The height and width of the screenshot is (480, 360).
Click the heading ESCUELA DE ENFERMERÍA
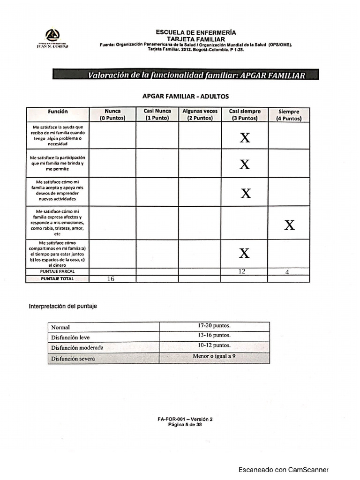tap(196, 32)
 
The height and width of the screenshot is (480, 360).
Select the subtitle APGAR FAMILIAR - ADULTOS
tap(186, 96)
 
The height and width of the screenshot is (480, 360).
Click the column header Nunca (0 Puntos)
tap(112, 115)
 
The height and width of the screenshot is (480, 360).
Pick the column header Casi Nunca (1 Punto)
tap(157, 115)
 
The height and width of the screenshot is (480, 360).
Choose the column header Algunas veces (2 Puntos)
tap(200, 115)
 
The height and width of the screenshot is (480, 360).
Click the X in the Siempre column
tap(289, 225)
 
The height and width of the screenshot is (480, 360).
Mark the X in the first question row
tap(245, 138)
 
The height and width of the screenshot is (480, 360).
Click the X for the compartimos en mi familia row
tap(244, 254)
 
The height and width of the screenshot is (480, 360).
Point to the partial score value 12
tap(242, 271)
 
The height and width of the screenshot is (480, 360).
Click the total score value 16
tap(111, 279)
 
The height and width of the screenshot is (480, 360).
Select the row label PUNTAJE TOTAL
tap(57, 278)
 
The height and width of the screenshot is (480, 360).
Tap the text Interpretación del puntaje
tap(63, 306)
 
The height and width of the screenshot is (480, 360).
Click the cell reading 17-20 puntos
tap(214, 325)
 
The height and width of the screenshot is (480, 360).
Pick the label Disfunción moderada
tap(77, 348)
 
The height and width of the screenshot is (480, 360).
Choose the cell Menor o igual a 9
tap(214, 356)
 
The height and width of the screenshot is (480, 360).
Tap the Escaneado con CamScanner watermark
tap(284, 469)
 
